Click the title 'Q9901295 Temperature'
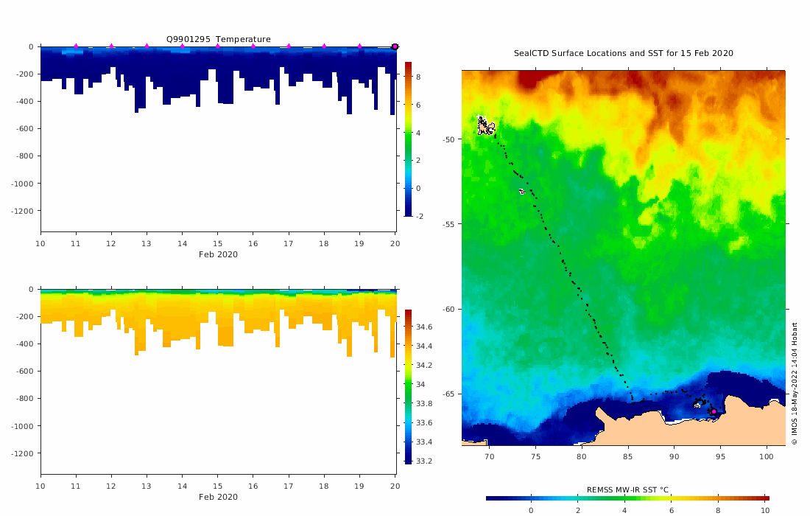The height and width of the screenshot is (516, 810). (x=219, y=39)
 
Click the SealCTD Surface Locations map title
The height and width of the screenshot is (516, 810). (x=623, y=53)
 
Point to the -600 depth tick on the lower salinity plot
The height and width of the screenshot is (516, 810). (x=26, y=372)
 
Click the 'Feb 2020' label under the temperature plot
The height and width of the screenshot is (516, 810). (x=218, y=254)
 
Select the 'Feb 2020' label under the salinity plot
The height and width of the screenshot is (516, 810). (x=218, y=497)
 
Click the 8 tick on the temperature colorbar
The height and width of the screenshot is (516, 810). (x=417, y=77)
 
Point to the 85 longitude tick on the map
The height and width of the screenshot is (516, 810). (x=628, y=456)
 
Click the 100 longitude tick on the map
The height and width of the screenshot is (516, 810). (x=767, y=456)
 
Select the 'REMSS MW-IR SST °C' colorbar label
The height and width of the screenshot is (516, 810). (x=627, y=489)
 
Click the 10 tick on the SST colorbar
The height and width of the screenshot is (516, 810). (x=765, y=510)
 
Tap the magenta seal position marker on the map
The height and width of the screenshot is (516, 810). (x=714, y=411)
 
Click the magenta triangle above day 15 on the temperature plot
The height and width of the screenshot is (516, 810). (x=218, y=46)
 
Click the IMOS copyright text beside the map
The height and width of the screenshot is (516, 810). (x=795, y=383)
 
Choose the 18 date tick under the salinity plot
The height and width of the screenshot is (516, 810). (x=324, y=486)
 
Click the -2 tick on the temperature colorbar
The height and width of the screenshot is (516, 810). (x=417, y=216)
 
